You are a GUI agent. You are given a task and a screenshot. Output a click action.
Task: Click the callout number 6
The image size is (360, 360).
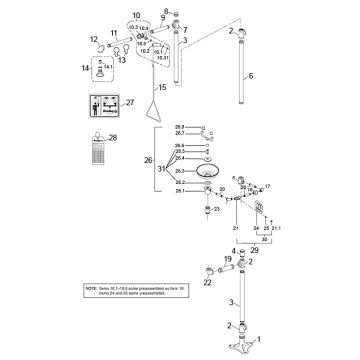pos(251,76)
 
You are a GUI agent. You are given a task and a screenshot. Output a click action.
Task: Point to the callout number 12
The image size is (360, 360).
pos(95,39)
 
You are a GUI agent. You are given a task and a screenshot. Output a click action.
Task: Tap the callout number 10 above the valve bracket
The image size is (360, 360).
pos(136,16)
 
